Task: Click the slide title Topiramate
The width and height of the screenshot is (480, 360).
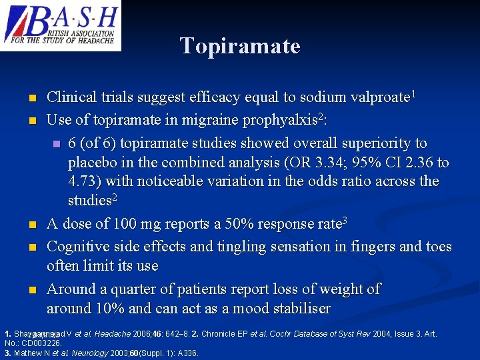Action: point(240,46)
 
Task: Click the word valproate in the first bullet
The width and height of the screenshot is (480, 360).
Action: point(379,97)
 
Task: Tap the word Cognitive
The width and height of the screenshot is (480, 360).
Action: point(75,247)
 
